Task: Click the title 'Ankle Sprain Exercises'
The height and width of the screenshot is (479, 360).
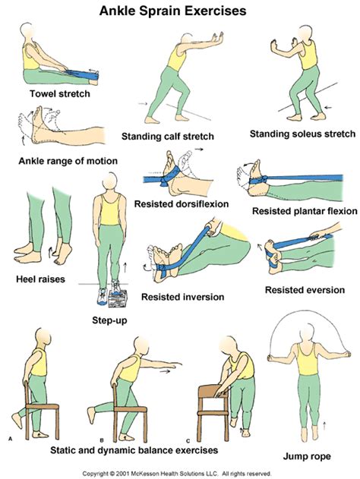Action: (x=172, y=11)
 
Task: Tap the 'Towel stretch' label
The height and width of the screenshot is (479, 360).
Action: (x=60, y=93)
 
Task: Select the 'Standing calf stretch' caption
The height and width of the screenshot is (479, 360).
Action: (x=168, y=136)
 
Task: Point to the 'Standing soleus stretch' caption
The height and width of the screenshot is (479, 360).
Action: (x=302, y=134)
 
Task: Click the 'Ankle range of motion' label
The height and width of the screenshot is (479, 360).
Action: (x=68, y=161)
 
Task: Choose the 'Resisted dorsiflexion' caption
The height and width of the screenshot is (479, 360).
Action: (x=182, y=203)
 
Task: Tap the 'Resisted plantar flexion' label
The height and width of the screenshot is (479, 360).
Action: (x=305, y=211)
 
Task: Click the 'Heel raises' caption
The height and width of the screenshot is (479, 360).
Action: (x=41, y=279)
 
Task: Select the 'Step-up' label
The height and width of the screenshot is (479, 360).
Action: (x=109, y=320)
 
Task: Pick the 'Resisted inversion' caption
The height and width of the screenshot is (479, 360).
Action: (x=183, y=297)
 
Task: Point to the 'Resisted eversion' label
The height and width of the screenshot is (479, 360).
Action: (x=305, y=290)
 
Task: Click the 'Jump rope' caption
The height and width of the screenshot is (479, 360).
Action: (x=307, y=456)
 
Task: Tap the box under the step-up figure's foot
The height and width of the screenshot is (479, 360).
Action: (x=118, y=298)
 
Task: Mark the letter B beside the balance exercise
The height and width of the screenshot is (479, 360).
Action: (x=102, y=440)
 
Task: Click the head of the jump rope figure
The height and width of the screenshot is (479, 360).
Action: (x=307, y=333)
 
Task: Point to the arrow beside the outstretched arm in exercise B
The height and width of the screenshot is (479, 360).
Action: (x=166, y=371)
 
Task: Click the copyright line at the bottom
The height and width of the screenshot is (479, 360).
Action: (x=177, y=474)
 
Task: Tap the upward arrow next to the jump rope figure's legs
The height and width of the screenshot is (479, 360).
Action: (x=324, y=425)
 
